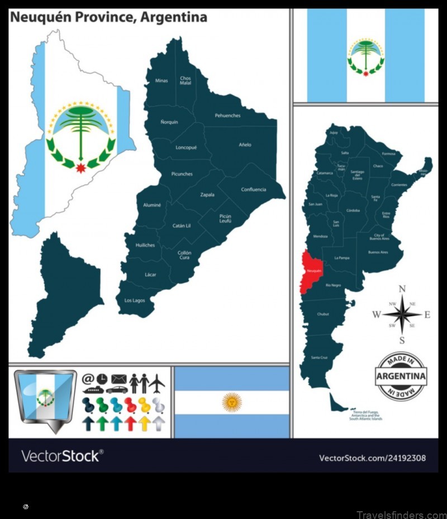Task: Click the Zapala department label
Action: [208, 195]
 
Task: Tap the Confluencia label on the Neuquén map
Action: [254, 189]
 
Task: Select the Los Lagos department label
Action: [135, 301]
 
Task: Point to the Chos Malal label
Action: [186, 80]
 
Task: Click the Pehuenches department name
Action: [227, 116]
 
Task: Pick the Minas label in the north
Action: [161, 80]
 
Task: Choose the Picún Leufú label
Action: [225, 218]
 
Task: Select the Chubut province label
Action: [323, 315]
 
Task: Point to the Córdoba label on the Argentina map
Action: [353, 211]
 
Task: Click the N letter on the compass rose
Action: [402, 288]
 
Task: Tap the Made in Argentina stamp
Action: [401, 376]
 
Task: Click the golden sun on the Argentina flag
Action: [231, 401]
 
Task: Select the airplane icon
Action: [157, 383]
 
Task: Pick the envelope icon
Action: [119, 379]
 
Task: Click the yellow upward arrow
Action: [144, 423]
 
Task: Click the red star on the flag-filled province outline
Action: [81, 167]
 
